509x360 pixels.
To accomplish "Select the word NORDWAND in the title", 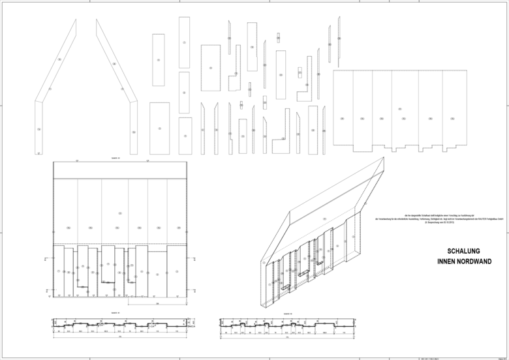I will (474, 261).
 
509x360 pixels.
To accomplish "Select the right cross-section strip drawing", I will (288, 323).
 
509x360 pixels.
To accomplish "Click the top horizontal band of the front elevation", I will (119, 170).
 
